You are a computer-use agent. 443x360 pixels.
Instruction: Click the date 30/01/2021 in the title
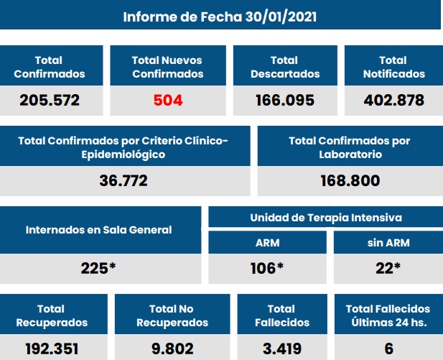tap(276, 17)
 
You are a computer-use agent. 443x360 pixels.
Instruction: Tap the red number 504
tap(168, 100)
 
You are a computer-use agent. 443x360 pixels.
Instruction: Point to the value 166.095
tap(284, 100)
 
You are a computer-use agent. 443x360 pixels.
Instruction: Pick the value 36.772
tap(123, 180)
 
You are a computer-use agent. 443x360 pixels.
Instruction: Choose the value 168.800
tap(350, 180)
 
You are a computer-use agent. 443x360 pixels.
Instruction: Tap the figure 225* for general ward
tap(98, 268)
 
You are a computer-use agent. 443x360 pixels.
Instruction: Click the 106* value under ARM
tap(267, 268)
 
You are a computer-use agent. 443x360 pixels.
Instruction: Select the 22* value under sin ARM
tap(387, 268)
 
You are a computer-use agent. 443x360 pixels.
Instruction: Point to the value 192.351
tap(52, 349)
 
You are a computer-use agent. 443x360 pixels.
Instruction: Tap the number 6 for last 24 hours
tap(388, 349)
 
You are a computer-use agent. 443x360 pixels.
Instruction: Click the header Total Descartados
tap(284, 67)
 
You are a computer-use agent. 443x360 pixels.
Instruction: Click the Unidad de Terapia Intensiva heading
tap(325, 217)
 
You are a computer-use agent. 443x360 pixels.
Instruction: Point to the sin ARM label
tap(387, 242)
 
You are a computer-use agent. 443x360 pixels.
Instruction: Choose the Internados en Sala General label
tap(98, 230)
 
